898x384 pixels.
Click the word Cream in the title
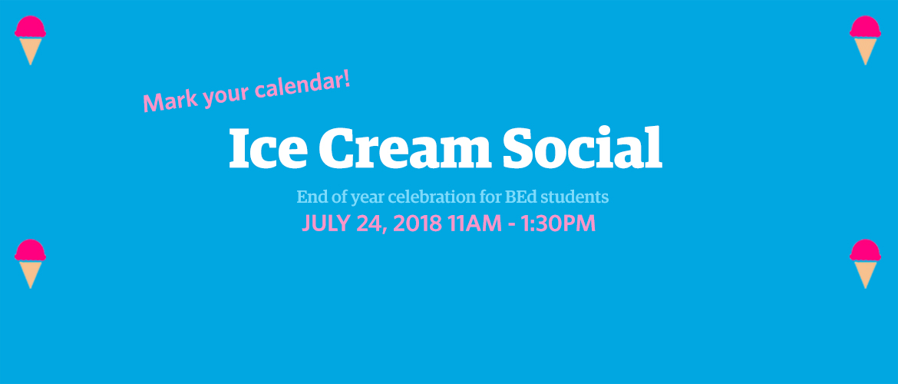pos(404,148)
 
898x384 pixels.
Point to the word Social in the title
pos(583,147)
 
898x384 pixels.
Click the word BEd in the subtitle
pos(521,197)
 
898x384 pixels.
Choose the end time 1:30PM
pos(560,223)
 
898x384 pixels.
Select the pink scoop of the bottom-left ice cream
pos(31,250)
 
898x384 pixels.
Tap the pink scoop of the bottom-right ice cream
pos(865,250)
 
